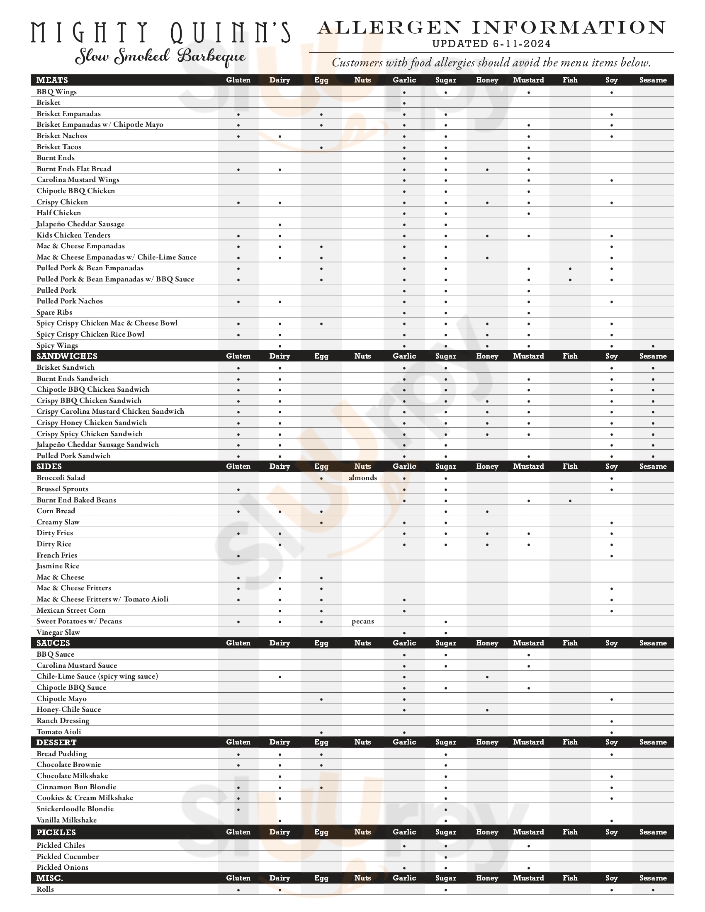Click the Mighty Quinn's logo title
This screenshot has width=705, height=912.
tap(160, 33)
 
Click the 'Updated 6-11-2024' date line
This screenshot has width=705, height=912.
tap(491, 44)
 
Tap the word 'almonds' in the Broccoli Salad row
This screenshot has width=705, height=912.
tap(362, 478)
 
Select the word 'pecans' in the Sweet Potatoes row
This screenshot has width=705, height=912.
tap(362, 621)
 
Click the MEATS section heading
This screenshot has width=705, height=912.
tap(52, 80)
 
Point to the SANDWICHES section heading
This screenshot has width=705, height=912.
tap(67, 356)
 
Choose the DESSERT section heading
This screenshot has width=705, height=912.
tap(56, 742)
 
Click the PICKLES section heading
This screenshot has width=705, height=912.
tap(56, 833)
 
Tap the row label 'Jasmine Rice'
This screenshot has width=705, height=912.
tap(58, 566)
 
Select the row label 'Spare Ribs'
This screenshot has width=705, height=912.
tap(54, 312)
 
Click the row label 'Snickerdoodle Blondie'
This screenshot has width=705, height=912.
tap(75, 809)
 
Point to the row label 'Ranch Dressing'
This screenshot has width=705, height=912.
tap(63, 721)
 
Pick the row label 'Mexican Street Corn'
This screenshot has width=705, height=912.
tap(70, 611)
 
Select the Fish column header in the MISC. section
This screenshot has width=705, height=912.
tap(570, 878)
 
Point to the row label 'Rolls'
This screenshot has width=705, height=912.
tap(45, 890)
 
